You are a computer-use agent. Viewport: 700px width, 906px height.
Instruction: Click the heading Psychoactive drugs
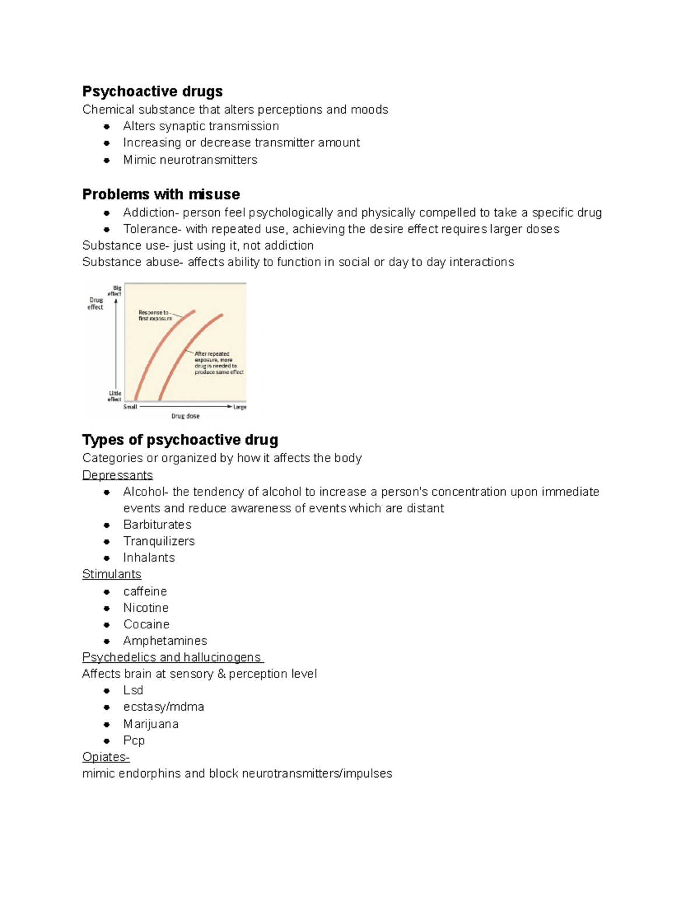(x=152, y=92)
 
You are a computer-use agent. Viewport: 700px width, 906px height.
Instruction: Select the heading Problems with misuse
(x=161, y=194)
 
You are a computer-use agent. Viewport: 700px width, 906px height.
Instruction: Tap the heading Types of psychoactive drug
(x=180, y=440)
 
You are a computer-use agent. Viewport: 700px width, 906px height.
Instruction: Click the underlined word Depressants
(x=117, y=475)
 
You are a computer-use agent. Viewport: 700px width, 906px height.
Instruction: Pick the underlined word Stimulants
(x=111, y=574)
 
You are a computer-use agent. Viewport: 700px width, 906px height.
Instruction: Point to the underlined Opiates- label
(x=106, y=757)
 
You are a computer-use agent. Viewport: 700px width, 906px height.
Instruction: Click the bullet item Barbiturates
(x=157, y=524)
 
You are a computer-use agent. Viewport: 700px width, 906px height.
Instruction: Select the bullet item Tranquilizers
(x=159, y=541)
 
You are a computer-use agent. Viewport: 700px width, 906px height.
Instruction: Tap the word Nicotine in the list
(x=146, y=607)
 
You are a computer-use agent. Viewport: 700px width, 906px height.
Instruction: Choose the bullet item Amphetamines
(x=165, y=641)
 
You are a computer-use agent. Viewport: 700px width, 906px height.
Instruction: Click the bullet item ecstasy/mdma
(x=163, y=706)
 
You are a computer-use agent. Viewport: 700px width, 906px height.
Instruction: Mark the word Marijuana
(x=150, y=724)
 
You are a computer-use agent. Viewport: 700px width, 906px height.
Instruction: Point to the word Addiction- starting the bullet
(x=149, y=212)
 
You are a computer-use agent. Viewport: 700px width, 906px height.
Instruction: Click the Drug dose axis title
(x=185, y=416)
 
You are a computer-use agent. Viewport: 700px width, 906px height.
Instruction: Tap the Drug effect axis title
(x=96, y=303)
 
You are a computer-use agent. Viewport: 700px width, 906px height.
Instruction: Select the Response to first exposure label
(x=155, y=316)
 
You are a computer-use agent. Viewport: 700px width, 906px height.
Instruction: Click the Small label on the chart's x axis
(x=130, y=407)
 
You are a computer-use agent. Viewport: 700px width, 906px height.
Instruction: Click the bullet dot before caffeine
(x=107, y=592)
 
